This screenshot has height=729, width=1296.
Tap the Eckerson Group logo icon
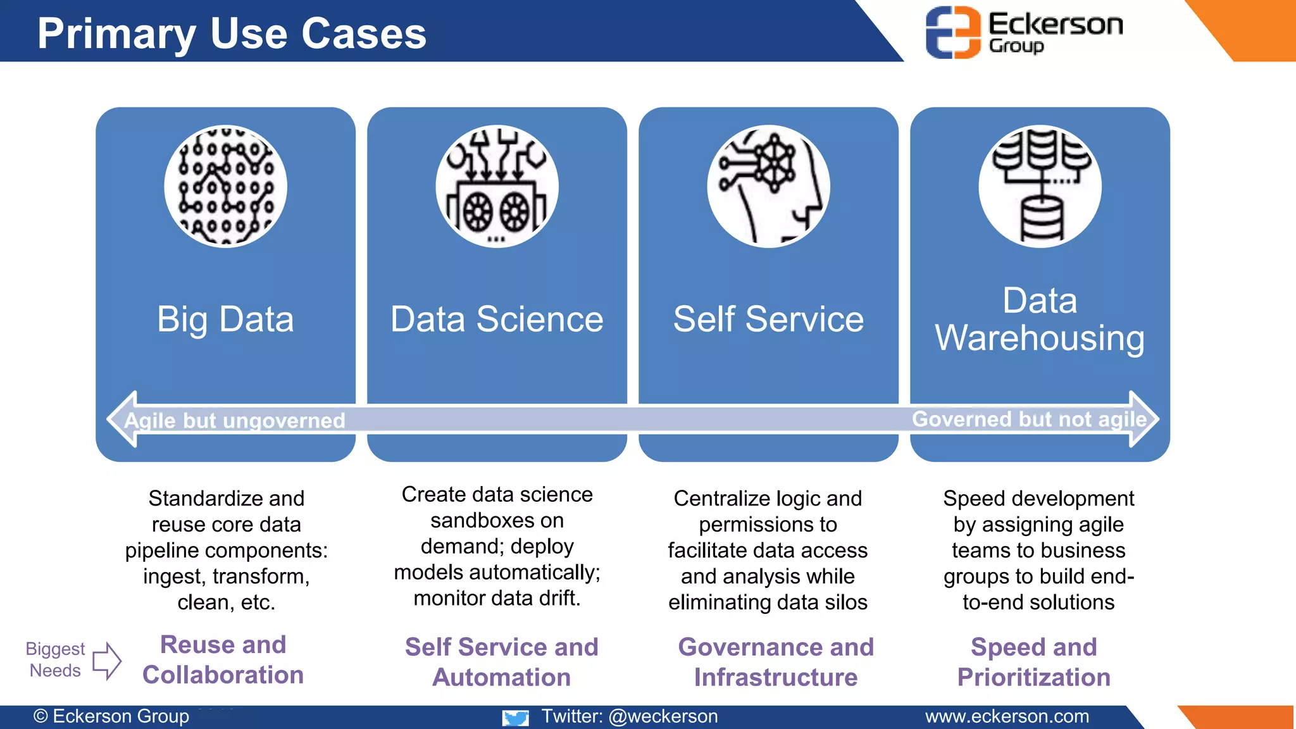(x=953, y=32)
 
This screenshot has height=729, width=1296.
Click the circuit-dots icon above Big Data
(x=225, y=186)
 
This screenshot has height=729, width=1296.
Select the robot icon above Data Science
(x=497, y=186)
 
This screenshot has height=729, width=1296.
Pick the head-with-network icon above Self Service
(x=768, y=186)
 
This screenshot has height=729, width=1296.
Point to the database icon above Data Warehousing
(x=1040, y=186)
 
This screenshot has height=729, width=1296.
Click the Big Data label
(x=225, y=319)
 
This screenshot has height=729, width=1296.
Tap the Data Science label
(x=497, y=319)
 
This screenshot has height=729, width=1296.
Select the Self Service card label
(x=768, y=319)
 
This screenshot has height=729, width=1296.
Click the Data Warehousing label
(x=1040, y=319)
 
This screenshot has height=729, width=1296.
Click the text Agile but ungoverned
(x=235, y=421)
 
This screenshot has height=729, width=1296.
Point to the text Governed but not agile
(x=1029, y=419)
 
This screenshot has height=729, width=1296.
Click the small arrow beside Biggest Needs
(x=107, y=661)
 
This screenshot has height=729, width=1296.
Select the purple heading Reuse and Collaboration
(x=223, y=659)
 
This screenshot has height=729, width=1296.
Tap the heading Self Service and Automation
(x=501, y=662)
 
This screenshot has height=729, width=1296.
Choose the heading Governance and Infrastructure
(x=776, y=662)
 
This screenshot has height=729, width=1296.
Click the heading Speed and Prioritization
(x=1033, y=662)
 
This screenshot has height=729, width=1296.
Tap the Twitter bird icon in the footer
(x=516, y=718)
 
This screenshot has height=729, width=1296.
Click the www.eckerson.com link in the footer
(x=1007, y=716)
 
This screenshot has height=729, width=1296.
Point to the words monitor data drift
(x=497, y=598)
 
